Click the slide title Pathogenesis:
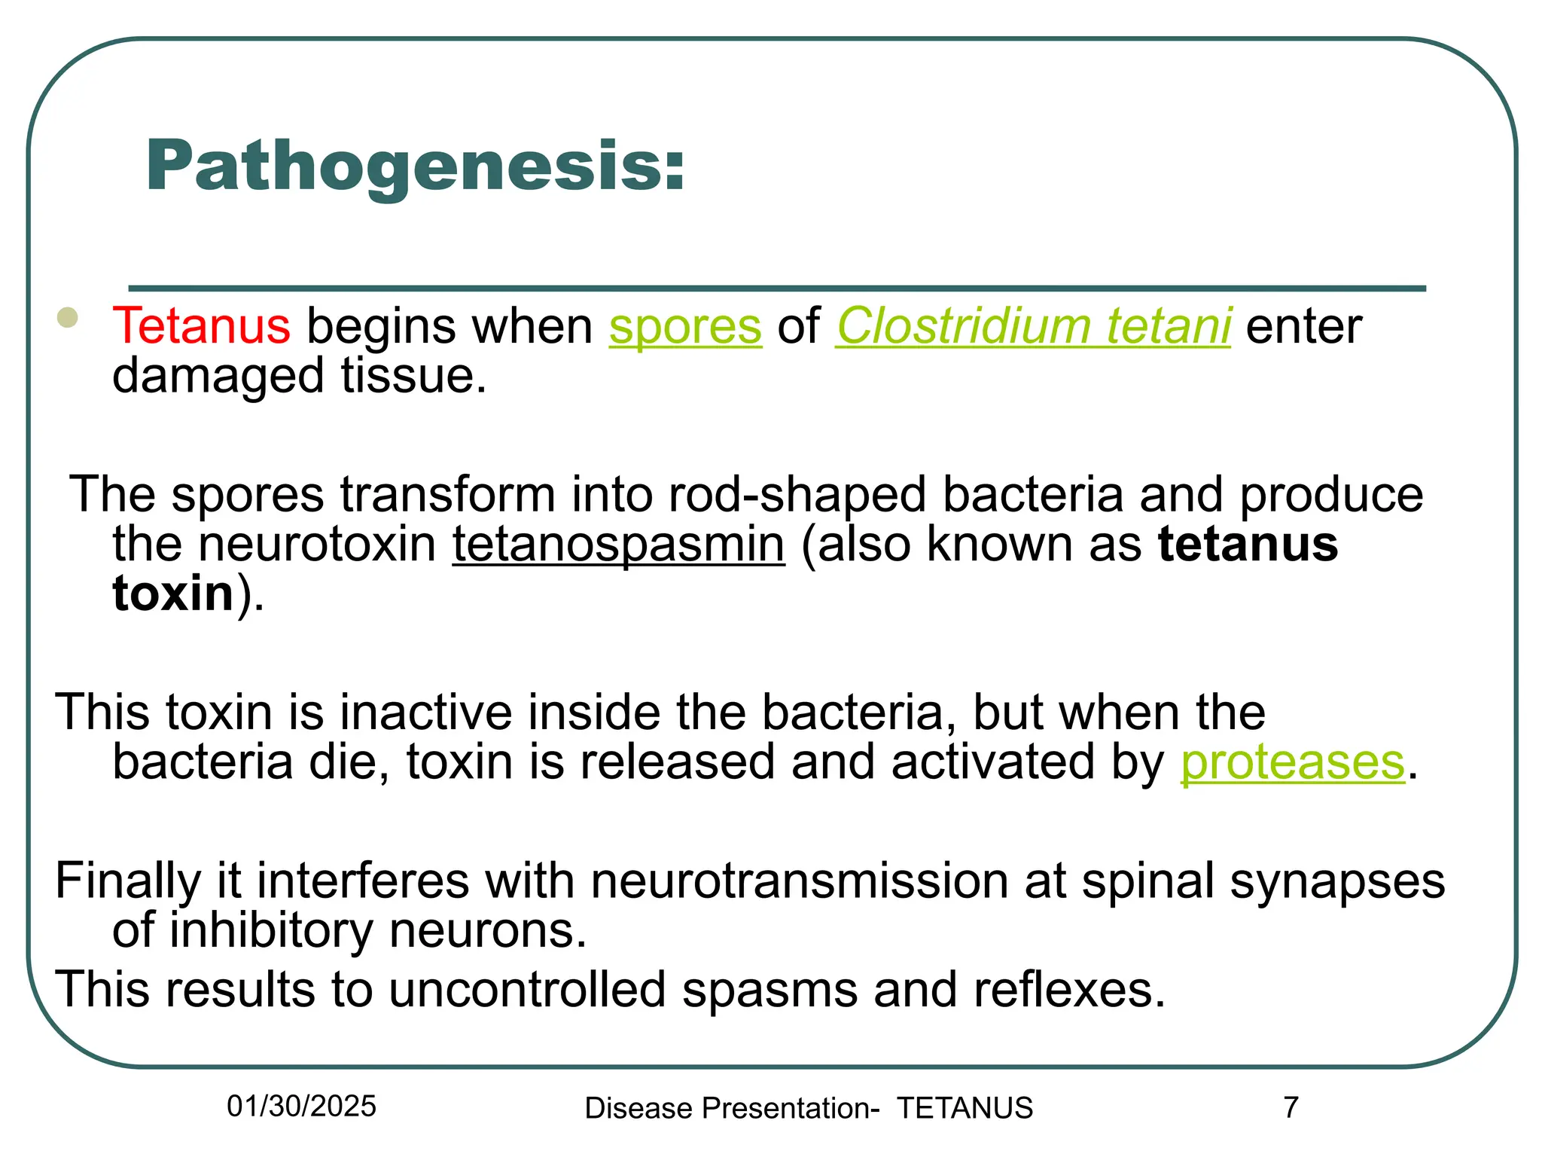[415, 166]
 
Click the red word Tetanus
[201, 326]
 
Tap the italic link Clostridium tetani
[1033, 326]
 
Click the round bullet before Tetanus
[68, 317]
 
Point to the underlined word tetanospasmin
[618, 544]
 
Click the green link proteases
[1292, 762]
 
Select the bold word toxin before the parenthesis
[173, 594]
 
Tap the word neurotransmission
[799, 881]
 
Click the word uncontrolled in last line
[527, 990]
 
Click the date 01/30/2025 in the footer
[301, 1107]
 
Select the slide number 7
[1291, 1107]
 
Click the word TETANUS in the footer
[965, 1109]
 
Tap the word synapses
[1337, 882]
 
